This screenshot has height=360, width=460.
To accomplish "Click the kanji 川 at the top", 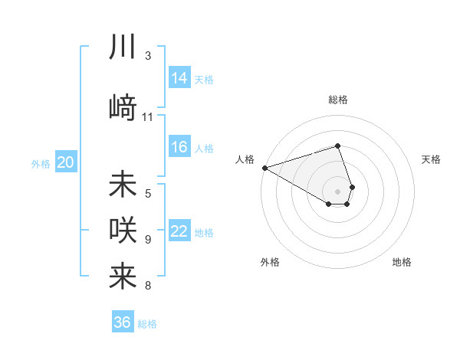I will pyautogui.click(x=123, y=47).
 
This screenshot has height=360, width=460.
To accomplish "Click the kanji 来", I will pyautogui.click(x=123, y=277).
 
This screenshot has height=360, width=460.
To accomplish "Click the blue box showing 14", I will pyautogui.click(x=179, y=77).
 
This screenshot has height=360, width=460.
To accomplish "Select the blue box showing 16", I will pyautogui.click(x=179, y=147).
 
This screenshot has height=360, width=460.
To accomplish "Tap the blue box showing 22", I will pyautogui.click(x=179, y=231).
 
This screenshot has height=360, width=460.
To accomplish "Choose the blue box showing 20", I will pyautogui.click(x=66, y=162).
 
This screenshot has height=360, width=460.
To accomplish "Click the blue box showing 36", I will pyautogui.click(x=123, y=322).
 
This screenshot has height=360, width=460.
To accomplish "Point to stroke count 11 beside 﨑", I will pyautogui.click(x=148, y=117).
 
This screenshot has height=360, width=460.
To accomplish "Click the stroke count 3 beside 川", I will pyautogui.click(x=148, y=56).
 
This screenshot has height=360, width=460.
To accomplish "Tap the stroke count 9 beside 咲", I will pyautogui.click(x=148, y=240).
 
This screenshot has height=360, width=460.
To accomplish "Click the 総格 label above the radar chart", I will pyautogui.click(x=338, y=100).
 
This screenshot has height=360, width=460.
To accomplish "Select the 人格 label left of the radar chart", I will pyautogui.click(x=245, y=159).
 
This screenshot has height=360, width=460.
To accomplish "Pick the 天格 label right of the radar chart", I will pyautogui.click(x=432, y=159).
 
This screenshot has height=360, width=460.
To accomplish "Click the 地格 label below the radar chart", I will pyautogui.click(x=402, y=262).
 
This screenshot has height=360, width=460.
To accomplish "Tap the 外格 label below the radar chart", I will pyautogui.click(x=270, y=262).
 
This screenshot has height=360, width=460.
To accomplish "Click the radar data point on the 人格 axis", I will pyautogui.click(x=264, y=168).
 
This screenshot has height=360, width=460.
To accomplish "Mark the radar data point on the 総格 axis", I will pyautogui.click(x=338, y=146).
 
